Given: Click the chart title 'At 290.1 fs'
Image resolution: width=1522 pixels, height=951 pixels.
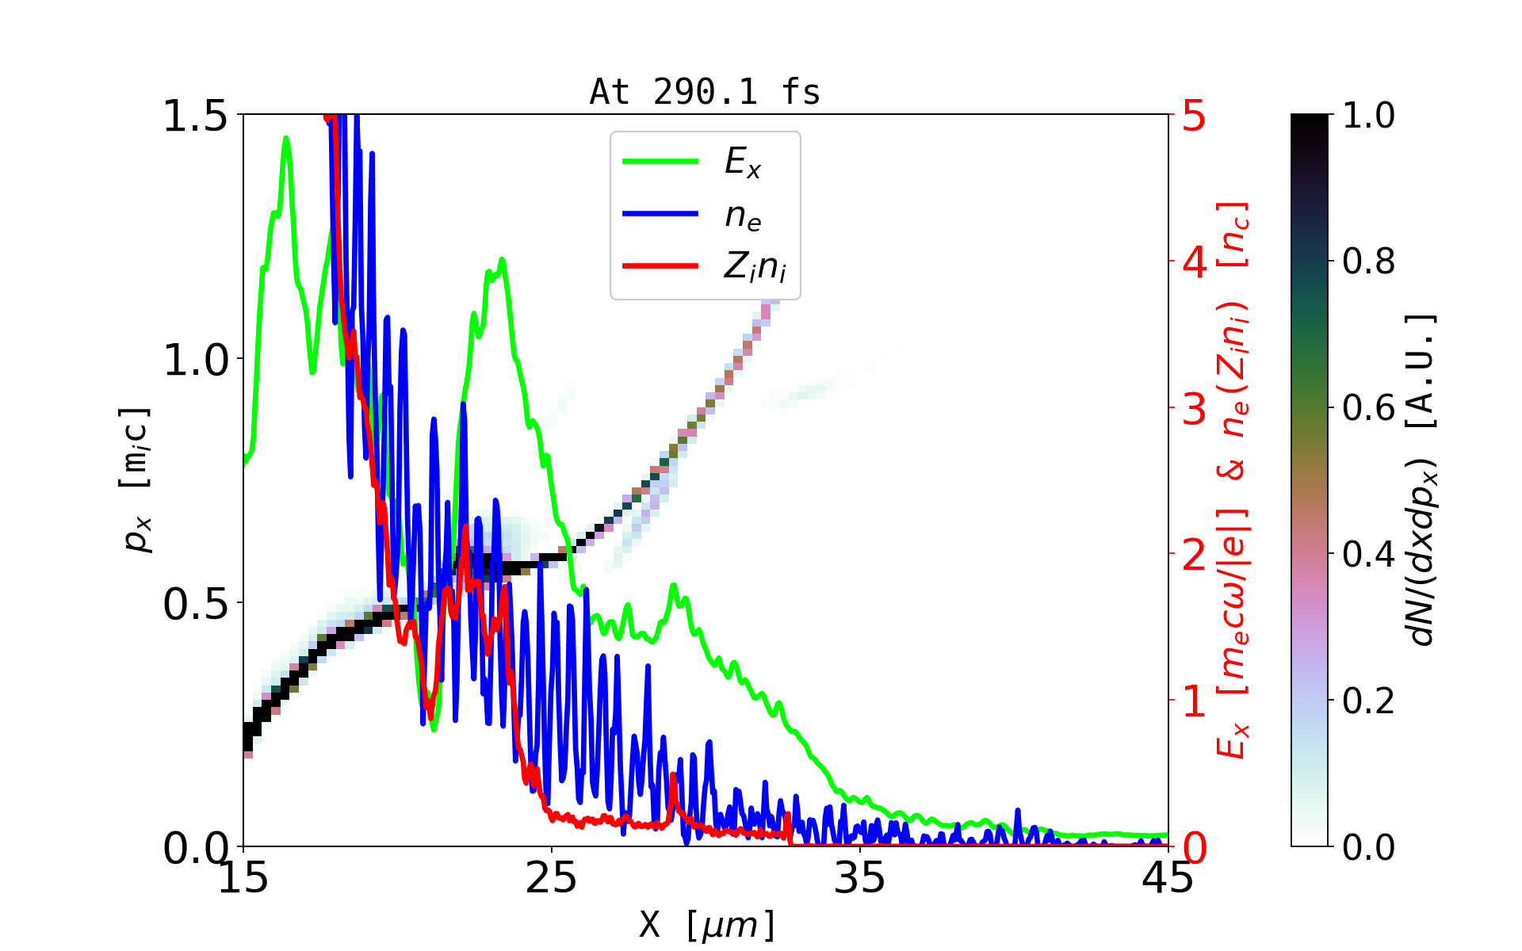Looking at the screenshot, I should coord(705,93).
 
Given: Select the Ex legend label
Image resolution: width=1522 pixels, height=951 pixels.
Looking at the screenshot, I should coord(743,162).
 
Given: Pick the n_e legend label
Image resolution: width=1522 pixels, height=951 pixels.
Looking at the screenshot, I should coord(743,216).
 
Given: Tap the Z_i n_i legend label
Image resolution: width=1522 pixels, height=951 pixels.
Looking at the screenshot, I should coord(755,268).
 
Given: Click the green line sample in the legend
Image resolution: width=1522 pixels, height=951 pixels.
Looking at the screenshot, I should coord(660,162).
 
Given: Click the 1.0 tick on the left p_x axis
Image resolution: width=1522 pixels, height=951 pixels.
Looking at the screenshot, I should coord(195,361).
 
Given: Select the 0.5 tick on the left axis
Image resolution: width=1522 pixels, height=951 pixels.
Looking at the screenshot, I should coord(195,605).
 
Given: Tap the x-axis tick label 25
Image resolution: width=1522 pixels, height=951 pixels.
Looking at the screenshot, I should coord(552,878).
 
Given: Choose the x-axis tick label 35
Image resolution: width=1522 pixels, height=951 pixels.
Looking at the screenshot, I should coord(860,878).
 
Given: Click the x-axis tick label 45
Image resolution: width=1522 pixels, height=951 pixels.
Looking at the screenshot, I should coord(1168,878).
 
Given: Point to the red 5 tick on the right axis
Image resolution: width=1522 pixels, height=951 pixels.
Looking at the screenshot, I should coord(1194,116).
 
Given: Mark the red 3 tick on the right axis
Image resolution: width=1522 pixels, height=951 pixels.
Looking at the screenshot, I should coord(1194,409).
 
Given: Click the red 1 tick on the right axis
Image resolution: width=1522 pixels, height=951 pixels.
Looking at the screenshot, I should coord(1194,701).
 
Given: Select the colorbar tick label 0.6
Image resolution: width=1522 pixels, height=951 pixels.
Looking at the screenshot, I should coord(1368,408).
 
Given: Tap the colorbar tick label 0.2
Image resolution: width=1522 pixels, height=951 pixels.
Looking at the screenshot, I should coord(1368,701).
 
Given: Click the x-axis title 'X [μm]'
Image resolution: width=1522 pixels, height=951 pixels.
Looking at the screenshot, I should coord(707,924).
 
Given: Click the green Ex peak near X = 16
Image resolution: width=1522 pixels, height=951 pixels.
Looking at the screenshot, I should coord(286,139).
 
